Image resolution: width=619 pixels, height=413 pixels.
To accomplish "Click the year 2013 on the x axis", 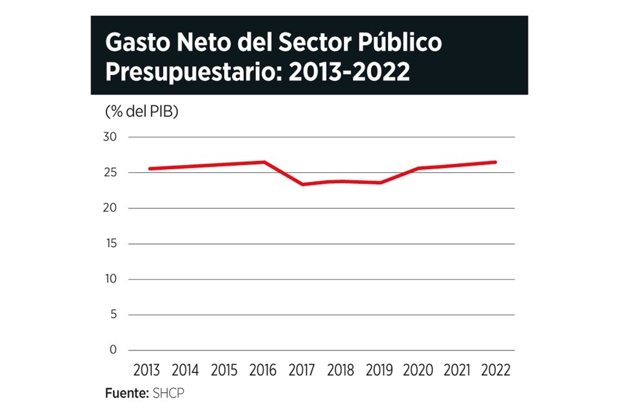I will [146, 370].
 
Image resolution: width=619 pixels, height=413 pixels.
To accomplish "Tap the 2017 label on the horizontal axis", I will [302, 370].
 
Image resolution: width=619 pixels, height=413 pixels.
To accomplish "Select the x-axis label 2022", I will [496, 370].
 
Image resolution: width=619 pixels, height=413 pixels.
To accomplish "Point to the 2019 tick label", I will [379, 370].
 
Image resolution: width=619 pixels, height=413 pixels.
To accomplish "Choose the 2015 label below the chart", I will [224, 370].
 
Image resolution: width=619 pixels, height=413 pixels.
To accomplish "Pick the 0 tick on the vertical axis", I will [113, 350].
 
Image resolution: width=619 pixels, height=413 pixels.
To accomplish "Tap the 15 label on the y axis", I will [110, 243].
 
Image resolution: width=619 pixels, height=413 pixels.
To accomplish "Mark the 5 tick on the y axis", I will [113, 314].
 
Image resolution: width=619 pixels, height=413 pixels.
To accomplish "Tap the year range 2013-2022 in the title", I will [349, 72].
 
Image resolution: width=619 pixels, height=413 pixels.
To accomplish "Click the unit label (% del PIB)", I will [141, 111].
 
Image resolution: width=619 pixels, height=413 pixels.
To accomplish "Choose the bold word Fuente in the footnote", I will [126, 392].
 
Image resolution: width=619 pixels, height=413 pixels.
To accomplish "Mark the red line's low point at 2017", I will [302, 185].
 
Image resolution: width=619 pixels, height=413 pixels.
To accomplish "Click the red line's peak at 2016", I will [264, 162].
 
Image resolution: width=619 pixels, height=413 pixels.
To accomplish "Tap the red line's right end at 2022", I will [495, 162].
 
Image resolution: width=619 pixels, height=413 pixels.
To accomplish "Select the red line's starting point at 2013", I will [149, 168].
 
